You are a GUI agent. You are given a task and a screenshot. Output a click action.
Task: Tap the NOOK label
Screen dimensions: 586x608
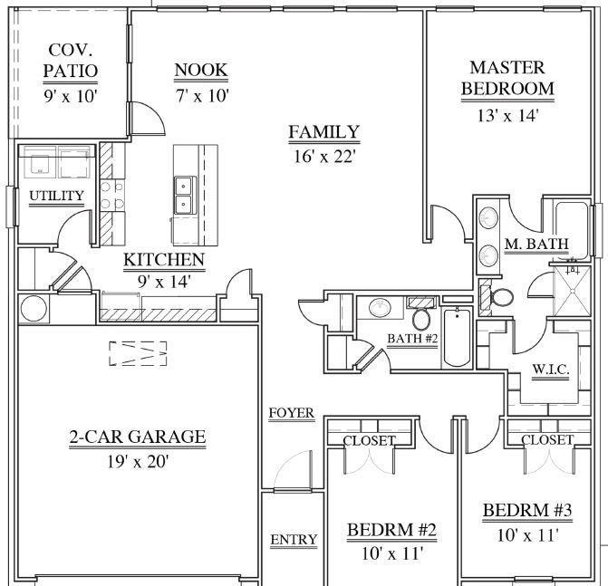coord(200,70)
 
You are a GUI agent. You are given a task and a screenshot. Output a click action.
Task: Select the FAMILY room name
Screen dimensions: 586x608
coord(323,132)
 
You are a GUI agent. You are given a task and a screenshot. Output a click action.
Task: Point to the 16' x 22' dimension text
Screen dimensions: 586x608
coord(323,156)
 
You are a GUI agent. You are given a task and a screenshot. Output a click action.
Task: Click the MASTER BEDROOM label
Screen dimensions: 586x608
coord(507,78)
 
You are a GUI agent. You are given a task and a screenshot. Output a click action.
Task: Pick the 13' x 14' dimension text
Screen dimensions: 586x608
coord(507,115)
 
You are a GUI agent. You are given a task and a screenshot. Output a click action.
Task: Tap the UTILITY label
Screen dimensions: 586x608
coord(56,196)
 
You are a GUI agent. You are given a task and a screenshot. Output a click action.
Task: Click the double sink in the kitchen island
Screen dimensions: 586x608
coord(184,193)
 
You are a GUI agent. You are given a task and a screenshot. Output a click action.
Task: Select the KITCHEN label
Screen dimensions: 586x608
coord(164,261)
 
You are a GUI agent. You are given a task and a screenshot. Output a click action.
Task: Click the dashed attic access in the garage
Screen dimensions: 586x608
coord(138,353)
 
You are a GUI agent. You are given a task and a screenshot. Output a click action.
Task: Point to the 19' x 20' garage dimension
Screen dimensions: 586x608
coord(138,461)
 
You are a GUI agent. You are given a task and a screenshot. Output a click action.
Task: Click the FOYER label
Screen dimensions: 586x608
coord(292,414)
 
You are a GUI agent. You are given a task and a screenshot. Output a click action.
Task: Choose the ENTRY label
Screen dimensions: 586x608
coord(294,540)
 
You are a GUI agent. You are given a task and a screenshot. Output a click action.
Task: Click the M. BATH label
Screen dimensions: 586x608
coord(536,244)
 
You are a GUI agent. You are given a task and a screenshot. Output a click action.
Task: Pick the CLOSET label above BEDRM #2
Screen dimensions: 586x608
coord(369,440)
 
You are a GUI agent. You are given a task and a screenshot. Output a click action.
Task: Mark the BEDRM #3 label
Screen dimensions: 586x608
coord(526,511)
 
